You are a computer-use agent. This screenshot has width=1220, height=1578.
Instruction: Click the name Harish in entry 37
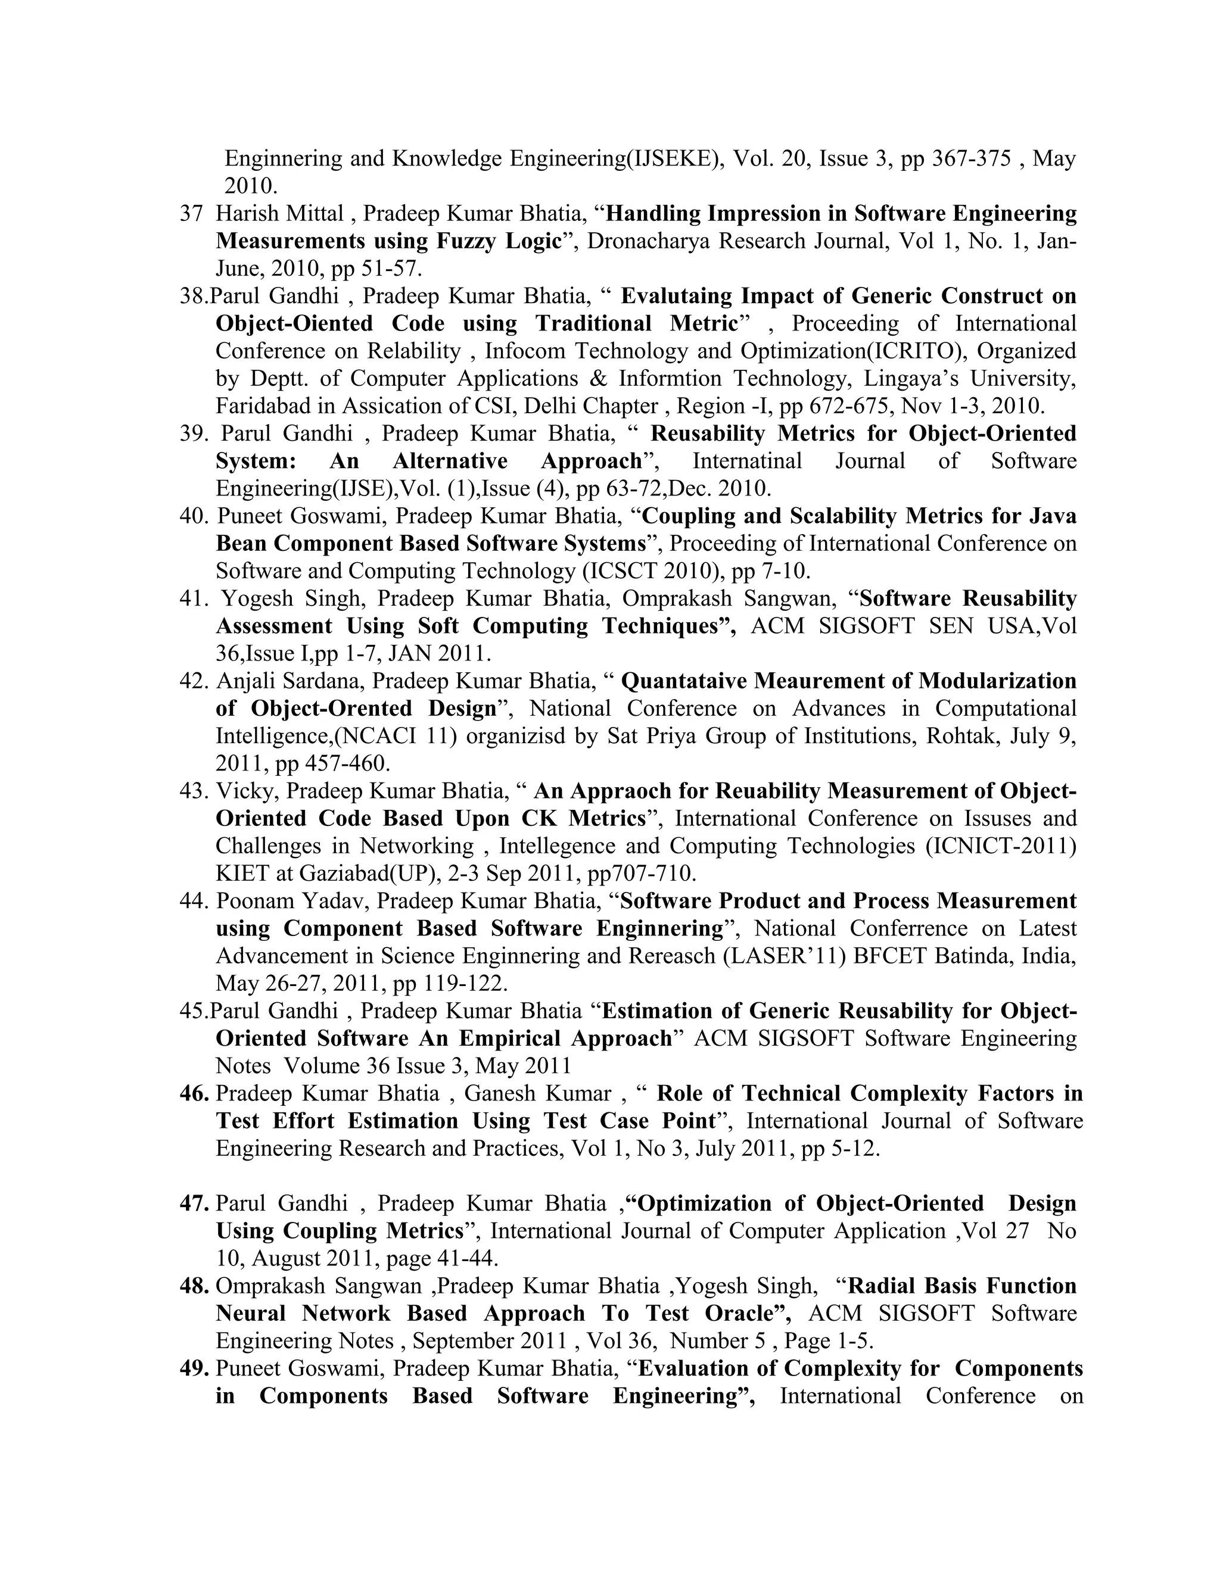[243, 214]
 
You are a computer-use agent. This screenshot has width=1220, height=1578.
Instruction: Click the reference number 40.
[194, 516]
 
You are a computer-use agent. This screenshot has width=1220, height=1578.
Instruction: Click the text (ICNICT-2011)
[1001, 846]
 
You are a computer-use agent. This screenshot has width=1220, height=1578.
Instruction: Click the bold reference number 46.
[194, 1094]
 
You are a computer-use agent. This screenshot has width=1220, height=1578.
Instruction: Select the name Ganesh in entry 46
[494, 1094]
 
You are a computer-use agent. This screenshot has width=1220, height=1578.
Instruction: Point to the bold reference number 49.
[194, 1368]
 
